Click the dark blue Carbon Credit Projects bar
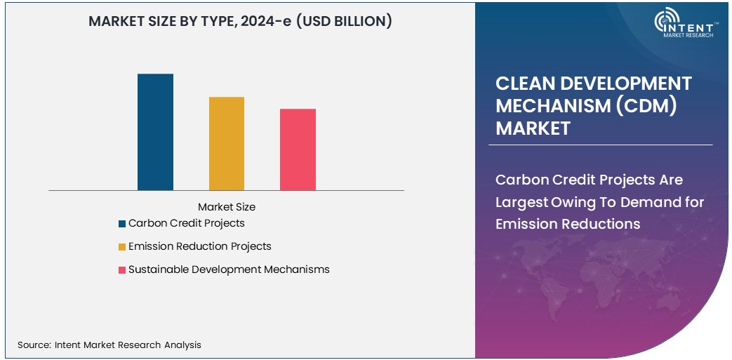155,132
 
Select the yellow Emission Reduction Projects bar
227,143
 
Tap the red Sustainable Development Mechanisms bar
298,149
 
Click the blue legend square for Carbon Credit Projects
122,224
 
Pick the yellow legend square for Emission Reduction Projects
122,247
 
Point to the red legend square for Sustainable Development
122,270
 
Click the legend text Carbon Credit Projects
186,223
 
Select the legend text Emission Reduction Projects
199,246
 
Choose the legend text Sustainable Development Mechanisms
229,269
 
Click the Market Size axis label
227,207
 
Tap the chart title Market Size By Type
162,22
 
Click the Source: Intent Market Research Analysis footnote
109,345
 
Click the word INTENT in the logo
694,26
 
